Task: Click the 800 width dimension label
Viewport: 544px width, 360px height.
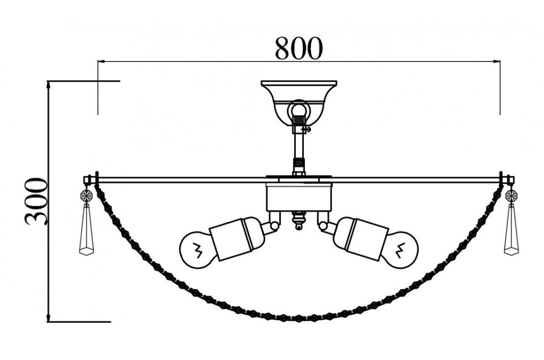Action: click(298, 48)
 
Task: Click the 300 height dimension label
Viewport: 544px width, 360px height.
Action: click(35, 201)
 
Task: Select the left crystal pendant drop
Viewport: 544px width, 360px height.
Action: click(86, 229)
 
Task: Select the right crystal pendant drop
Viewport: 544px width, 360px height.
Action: click(511, 229)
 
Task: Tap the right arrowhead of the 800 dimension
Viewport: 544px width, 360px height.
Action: click(497, 62)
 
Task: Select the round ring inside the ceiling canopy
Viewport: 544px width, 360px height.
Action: click(298, 110)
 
